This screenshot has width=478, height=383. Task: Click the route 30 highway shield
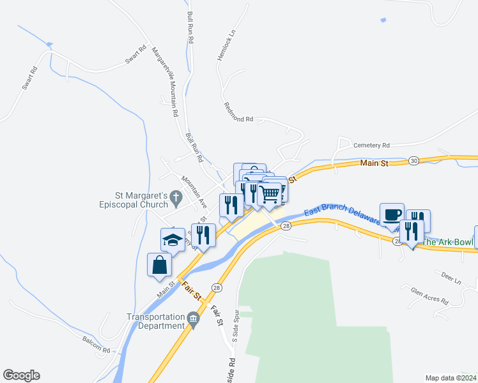click(x=414, y=160)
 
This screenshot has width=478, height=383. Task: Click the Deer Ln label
click(x=451, y=275)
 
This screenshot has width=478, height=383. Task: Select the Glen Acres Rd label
click(x=430, y=296)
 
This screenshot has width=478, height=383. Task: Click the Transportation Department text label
click(x=155, y=321)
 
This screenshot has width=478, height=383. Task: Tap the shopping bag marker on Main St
click(x=159, y=264)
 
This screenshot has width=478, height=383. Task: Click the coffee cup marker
click(x=392, y=214)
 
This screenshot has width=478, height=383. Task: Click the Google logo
click(x=21, y=375)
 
